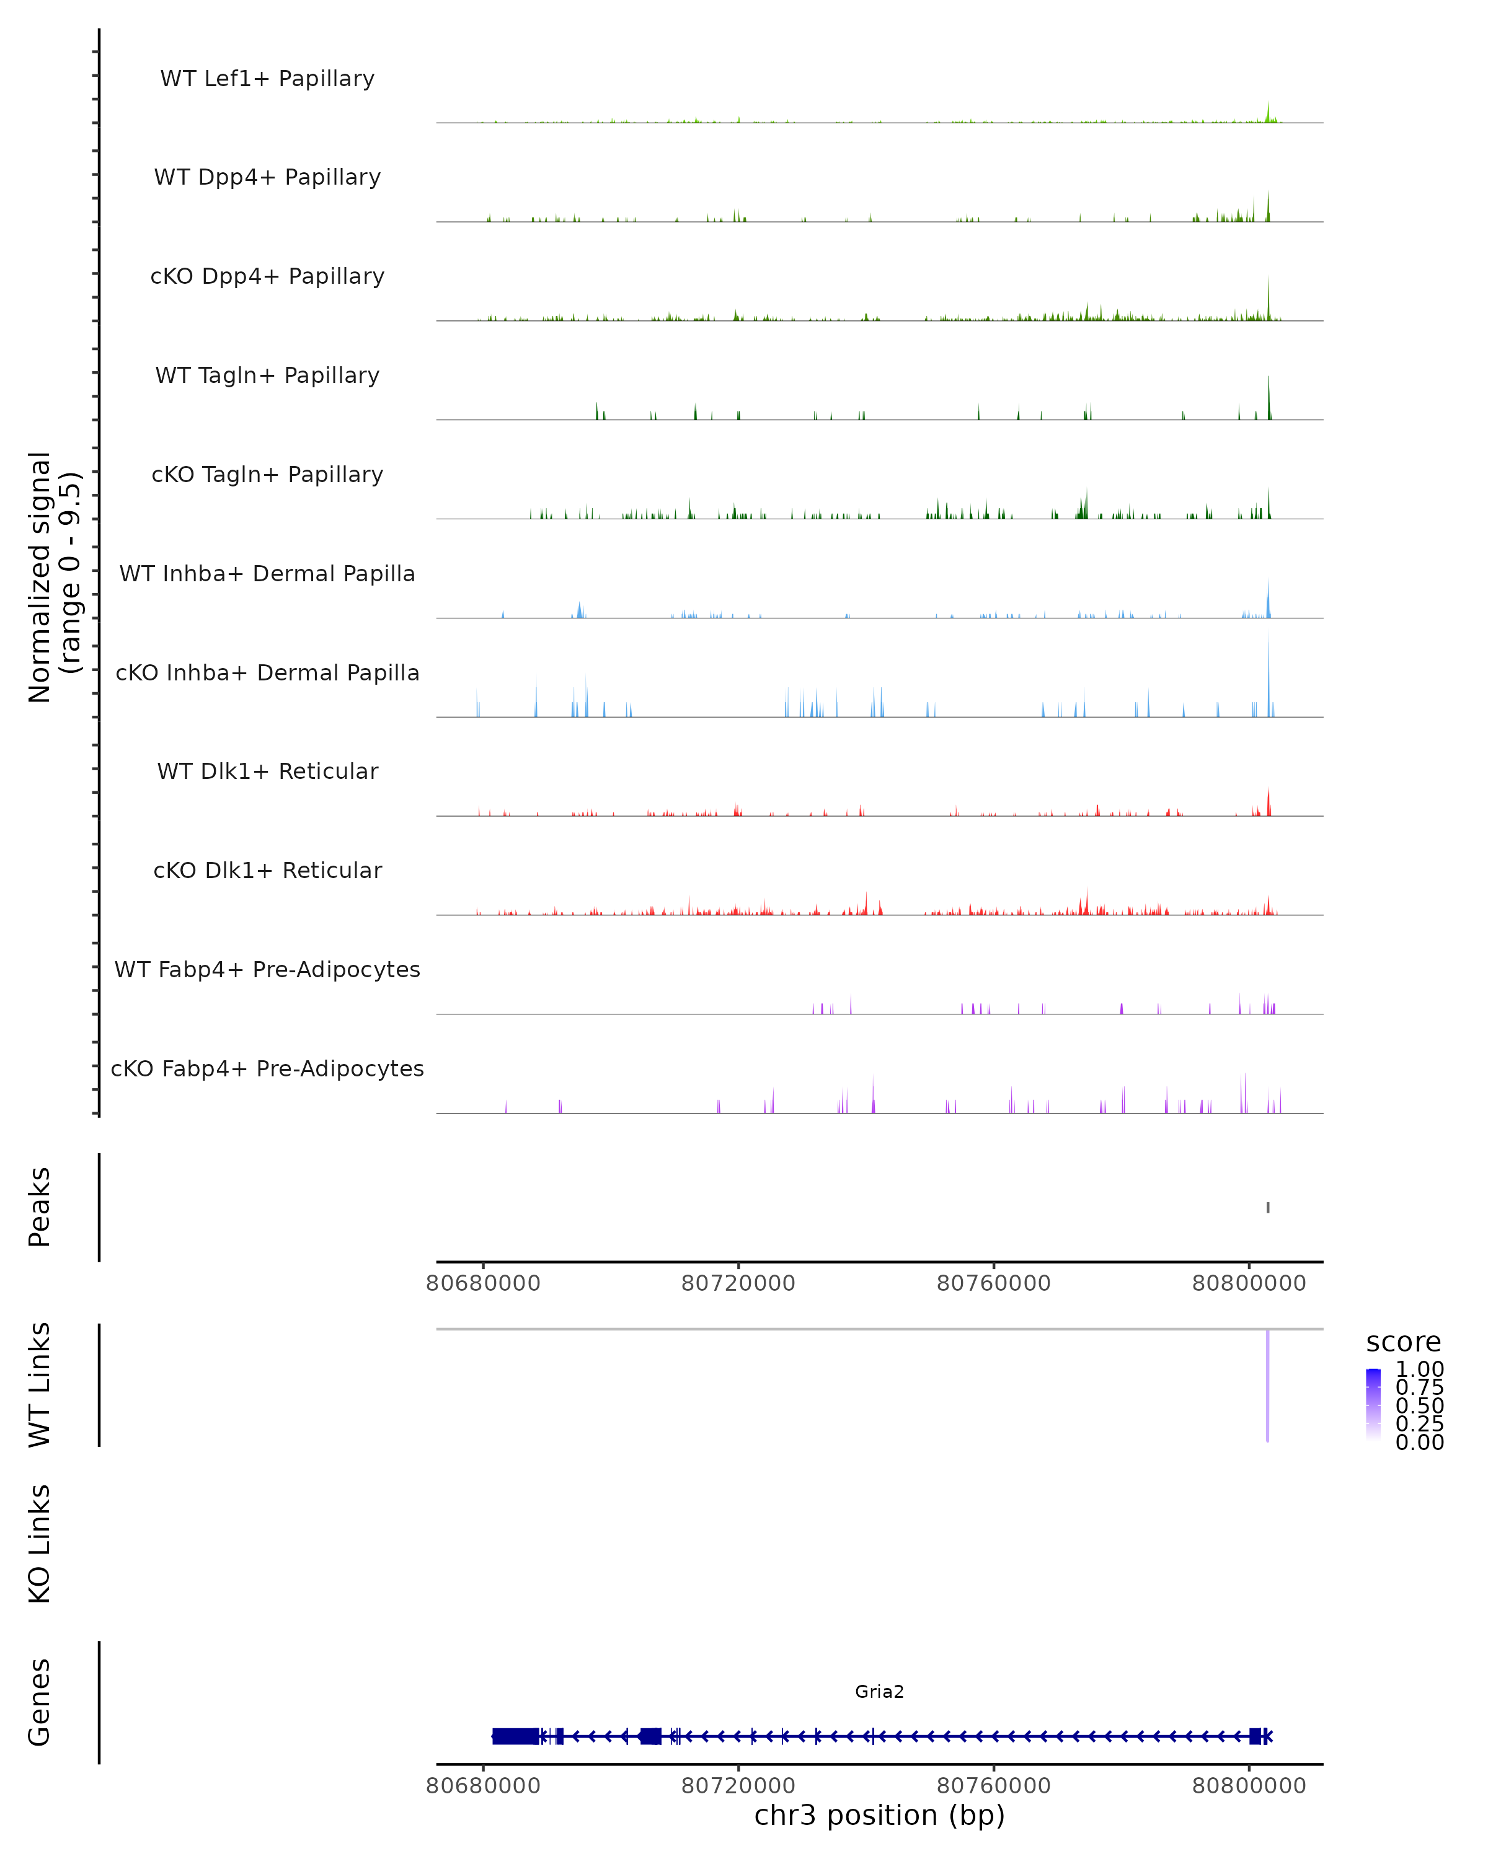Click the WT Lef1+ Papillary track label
pyautogui.click(x=267, y=79)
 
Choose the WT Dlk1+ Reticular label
pyautogui.click(x=267, y=771)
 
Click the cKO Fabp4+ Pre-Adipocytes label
pyautogui.click(x=267, y=1068)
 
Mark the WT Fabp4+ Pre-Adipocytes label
pyautogui.click(x=267, y=969)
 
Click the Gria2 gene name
pyautogui.click(x=879, y=1691)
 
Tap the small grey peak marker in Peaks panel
pyautogui.click(x=1267, y=1207)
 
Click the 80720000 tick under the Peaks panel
pyautogui.click(x=738, y=1283)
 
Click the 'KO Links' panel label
pyautogui.click(x=40, y=1544)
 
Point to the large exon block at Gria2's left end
pyautogui.click(x=515, y=1736)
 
